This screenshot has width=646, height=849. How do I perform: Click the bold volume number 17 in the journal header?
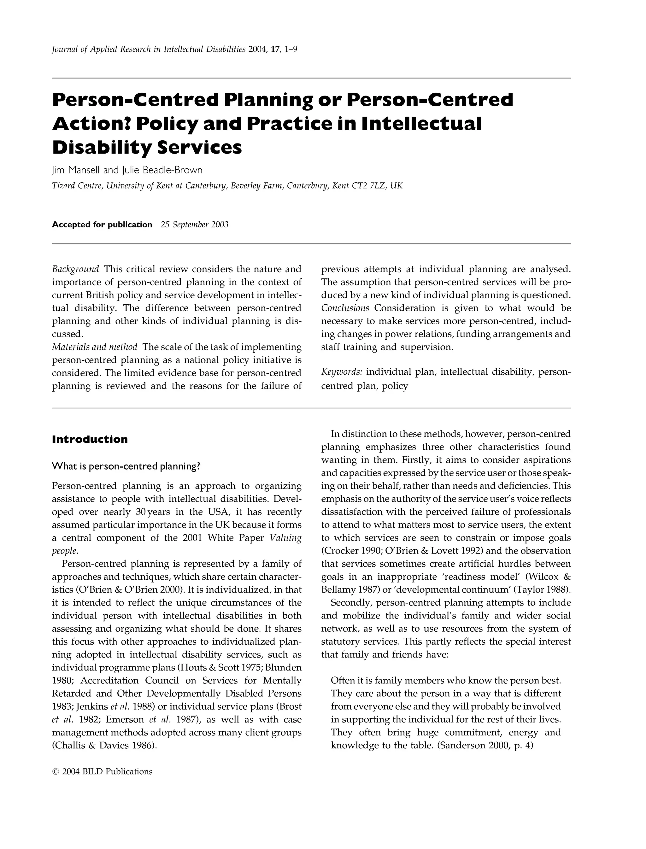(x=275, y=49)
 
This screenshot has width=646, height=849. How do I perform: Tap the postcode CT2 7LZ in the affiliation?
(x=368, y=186)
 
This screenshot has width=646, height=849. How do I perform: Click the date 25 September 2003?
(x=195, y=225)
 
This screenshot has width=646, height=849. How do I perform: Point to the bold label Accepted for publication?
(x=102, y=225)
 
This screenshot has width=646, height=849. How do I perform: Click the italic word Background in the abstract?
(x=75, y=269)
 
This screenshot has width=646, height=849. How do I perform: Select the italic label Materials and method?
(x=95, y=347)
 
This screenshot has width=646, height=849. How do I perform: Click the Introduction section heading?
(x=90, y=439)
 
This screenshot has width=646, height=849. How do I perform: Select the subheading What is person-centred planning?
(x=126, y=466)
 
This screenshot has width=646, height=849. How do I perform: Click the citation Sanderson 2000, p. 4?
(x=485, y=745)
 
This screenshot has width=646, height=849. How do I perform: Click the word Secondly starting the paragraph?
(x=350, y=602)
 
